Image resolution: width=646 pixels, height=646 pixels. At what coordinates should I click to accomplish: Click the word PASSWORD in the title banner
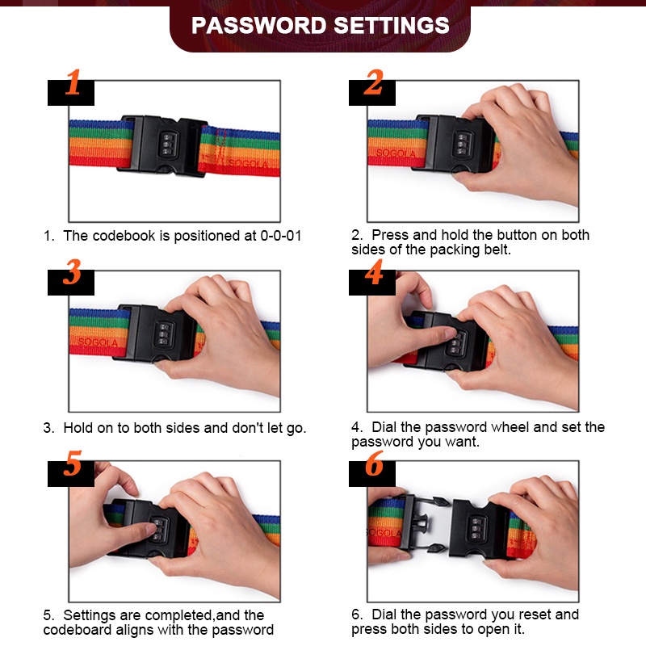tap(258, 26)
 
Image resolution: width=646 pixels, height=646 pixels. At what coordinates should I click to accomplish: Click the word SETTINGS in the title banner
tap(392, 26)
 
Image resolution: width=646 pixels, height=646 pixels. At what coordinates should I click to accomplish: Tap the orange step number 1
tap(73, 82)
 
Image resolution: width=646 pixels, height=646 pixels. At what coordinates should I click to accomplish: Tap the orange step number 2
tap(374, 82)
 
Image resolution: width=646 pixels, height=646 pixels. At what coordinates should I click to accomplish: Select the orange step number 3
tap(72, 272)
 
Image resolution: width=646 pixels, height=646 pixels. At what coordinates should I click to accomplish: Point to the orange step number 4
tap(374, 272)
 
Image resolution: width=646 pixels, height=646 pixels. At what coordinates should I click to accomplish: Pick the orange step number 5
tap(73, 463)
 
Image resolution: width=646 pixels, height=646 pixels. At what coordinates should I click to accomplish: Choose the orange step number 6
tap(374, 463)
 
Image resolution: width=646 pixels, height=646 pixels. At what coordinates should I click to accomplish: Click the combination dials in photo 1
tap(168, 144)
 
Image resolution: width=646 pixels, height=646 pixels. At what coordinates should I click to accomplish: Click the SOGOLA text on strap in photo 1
tap(249, 164)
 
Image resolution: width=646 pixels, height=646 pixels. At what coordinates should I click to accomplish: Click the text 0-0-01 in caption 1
tap(281, 236)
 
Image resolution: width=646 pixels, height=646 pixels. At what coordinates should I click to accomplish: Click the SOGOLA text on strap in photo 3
tap(98, 342)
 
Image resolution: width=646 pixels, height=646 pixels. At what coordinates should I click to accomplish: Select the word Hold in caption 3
tap(78, 428)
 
